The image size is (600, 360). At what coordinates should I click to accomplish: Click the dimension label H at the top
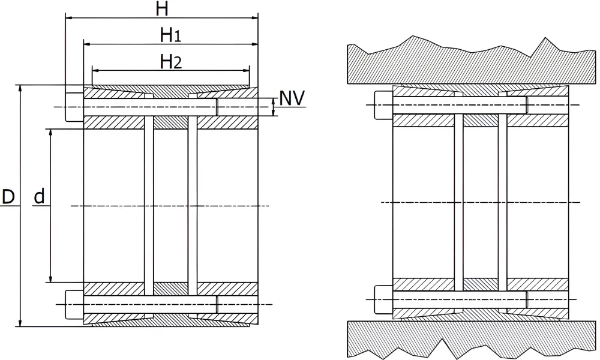pos(162,9)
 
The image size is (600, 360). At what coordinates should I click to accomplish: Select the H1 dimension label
pos(170,35)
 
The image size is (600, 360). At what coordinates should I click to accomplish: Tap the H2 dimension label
pos(170,62)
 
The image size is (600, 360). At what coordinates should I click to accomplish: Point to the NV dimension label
pos(292,98)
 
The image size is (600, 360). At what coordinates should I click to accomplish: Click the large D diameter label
pos(8,197)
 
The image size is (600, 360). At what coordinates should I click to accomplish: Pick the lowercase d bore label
pos(40,196)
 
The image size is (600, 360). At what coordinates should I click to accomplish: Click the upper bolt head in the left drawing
pos(74,107)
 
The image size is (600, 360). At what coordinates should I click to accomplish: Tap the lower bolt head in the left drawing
pos(74,305)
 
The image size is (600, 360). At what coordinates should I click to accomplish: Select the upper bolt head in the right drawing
pos(383,105)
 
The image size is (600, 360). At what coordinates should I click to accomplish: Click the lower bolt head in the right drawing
pos(383,299)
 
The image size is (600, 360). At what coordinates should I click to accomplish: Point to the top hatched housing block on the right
pos(472,61)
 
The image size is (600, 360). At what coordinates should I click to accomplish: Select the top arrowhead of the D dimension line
pos(20,89)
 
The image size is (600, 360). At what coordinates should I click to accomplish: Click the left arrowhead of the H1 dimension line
pos(88,44)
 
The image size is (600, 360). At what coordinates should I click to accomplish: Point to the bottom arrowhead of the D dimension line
pos(20,323)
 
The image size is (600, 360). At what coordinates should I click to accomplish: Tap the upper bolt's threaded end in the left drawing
pos(217,107)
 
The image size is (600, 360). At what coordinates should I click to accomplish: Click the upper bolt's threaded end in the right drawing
pos(527,105)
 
